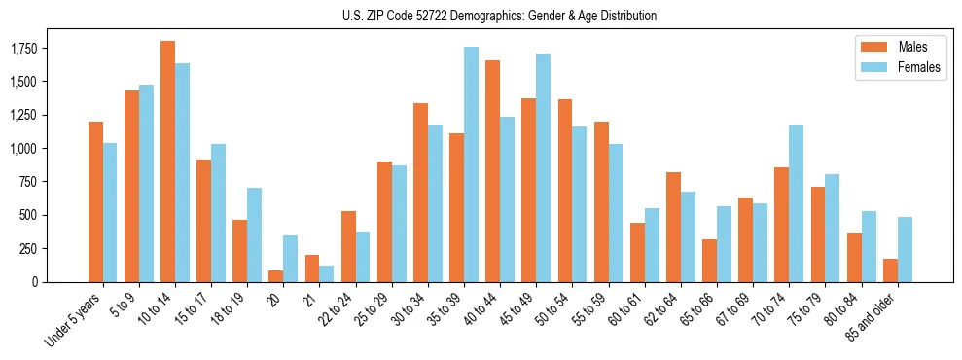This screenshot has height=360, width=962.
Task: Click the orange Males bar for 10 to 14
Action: (x=167, y=162)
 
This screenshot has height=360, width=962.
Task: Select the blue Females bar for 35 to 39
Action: (x=471, y=164)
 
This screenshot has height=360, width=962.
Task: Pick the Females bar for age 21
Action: (x=326, y=273)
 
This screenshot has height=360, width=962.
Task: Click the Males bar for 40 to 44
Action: (x=492, y=171)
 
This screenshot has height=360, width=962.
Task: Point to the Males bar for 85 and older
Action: (x=890, y=270)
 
